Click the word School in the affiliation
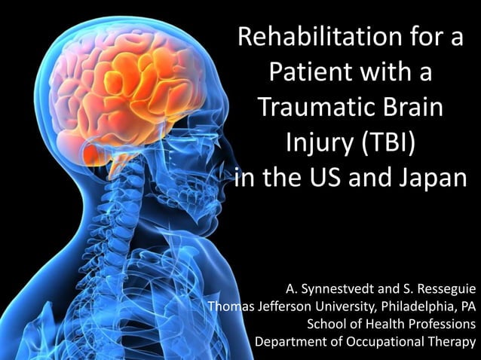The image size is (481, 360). (x=326, y=324)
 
